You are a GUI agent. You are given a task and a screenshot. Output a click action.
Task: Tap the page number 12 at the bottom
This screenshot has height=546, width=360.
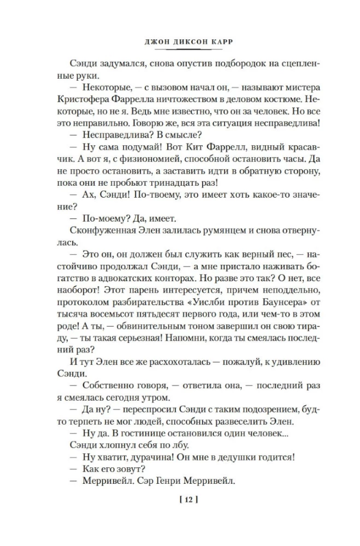coord(180,498)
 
